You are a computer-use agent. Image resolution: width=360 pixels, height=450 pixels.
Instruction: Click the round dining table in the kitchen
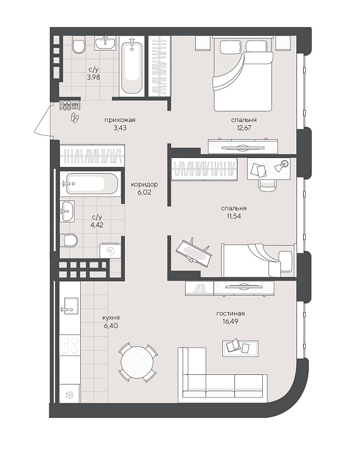click(138, 363)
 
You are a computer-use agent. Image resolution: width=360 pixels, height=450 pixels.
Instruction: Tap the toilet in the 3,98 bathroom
click(79, 44)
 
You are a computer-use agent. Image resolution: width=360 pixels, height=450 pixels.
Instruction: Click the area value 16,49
click(231, 322)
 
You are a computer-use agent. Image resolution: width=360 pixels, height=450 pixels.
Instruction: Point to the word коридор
click(144, 185)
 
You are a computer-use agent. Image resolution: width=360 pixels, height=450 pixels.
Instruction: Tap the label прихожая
click(120, 120)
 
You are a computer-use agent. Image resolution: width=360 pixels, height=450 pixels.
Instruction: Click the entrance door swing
click(42, 119)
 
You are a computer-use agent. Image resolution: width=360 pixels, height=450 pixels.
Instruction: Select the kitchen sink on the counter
click(69, 306)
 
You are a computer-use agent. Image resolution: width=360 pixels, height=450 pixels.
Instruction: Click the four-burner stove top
click(69, 345)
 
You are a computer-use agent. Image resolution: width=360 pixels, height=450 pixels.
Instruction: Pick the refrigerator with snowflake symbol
click(69, 394)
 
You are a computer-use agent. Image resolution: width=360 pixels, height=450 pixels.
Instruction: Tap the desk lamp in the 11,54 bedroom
click(282, 166)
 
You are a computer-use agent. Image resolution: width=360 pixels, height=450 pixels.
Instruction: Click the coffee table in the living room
click(240, 348)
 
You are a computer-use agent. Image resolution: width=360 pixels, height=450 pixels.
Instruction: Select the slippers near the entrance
click(75, 118)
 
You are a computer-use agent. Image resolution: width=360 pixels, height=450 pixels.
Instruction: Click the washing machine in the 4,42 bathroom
click(111, 251)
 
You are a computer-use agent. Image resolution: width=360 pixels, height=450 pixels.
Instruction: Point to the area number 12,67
click(243, 128)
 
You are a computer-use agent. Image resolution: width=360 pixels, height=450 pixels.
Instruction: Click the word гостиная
click(231, 313)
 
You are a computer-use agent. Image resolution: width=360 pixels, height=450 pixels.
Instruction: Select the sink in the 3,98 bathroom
click(105, 43)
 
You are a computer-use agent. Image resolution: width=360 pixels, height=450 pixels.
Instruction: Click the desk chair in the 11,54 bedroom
click(268, 185)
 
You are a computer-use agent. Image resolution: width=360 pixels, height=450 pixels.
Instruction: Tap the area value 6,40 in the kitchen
click(111, 325)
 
